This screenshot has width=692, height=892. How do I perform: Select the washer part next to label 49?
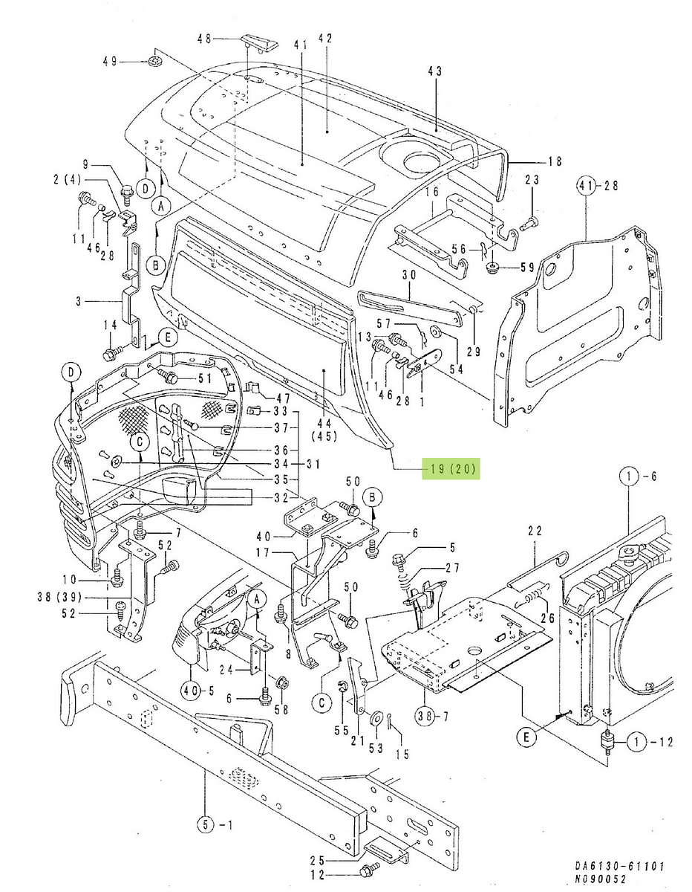(x=155, y=61)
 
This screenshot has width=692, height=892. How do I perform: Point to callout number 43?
(x=435, y=71)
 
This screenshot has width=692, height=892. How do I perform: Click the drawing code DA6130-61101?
(x=619, y=866)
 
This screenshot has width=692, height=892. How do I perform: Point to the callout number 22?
(x=535, y=531)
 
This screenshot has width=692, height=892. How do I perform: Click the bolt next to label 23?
(x=528, y=222)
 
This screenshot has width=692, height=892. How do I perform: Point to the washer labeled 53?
(x=376, y=717)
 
